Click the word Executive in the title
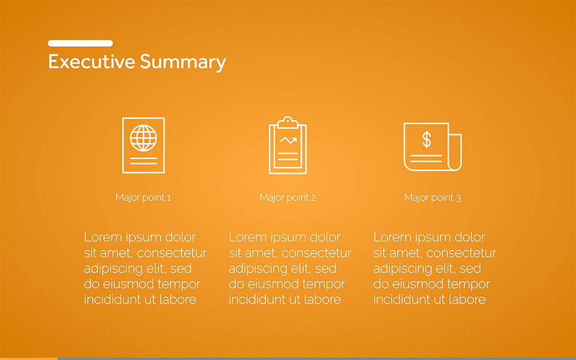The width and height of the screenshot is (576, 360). tap(92, 62)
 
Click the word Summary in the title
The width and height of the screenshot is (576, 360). tap(183, 62)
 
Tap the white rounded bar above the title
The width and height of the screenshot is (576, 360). tap(80, 43)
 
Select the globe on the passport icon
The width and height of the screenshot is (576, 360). tap(143, 138)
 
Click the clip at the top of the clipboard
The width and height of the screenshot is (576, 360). tap(287, 122)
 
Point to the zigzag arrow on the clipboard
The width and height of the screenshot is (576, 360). tap(288, 140)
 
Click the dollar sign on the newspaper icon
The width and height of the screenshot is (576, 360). tap(426, 139)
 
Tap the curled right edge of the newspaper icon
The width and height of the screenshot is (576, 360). tap(455, 152)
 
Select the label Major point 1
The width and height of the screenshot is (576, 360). tap(143, 198)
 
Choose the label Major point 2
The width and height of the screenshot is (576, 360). tap(287, 198)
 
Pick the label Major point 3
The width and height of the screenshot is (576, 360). tap(433, 198)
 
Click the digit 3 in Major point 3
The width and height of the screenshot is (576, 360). tap(458, 198)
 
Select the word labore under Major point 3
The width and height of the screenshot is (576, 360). tap(467, 300)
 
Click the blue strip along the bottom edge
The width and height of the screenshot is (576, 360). tap(317, 358)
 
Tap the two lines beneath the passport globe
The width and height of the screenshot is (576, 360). tap(143, 161)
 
